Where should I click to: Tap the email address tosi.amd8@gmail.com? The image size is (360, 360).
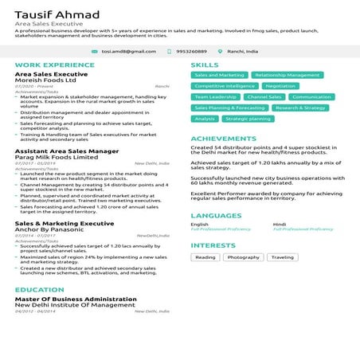[x=128, y=51]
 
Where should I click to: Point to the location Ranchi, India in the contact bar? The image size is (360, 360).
[x=243, y=51]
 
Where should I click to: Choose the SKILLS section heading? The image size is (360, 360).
[x=205, y=65]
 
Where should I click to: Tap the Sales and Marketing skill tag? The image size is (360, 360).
[x=219, y=75]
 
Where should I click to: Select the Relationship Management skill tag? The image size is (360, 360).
[x=287, y=75]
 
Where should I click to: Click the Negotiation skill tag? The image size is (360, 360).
[x=280, y=86]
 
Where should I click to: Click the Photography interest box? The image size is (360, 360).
[x=244, y=257]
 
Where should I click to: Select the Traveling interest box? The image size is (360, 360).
[x=282, y=257]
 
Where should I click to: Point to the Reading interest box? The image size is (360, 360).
[x=205, y=257]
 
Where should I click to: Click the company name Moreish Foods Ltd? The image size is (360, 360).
[x=45, y=80]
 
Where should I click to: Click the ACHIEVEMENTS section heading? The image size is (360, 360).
[x=224, y=139]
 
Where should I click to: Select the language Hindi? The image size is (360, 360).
[x=280, y=225]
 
